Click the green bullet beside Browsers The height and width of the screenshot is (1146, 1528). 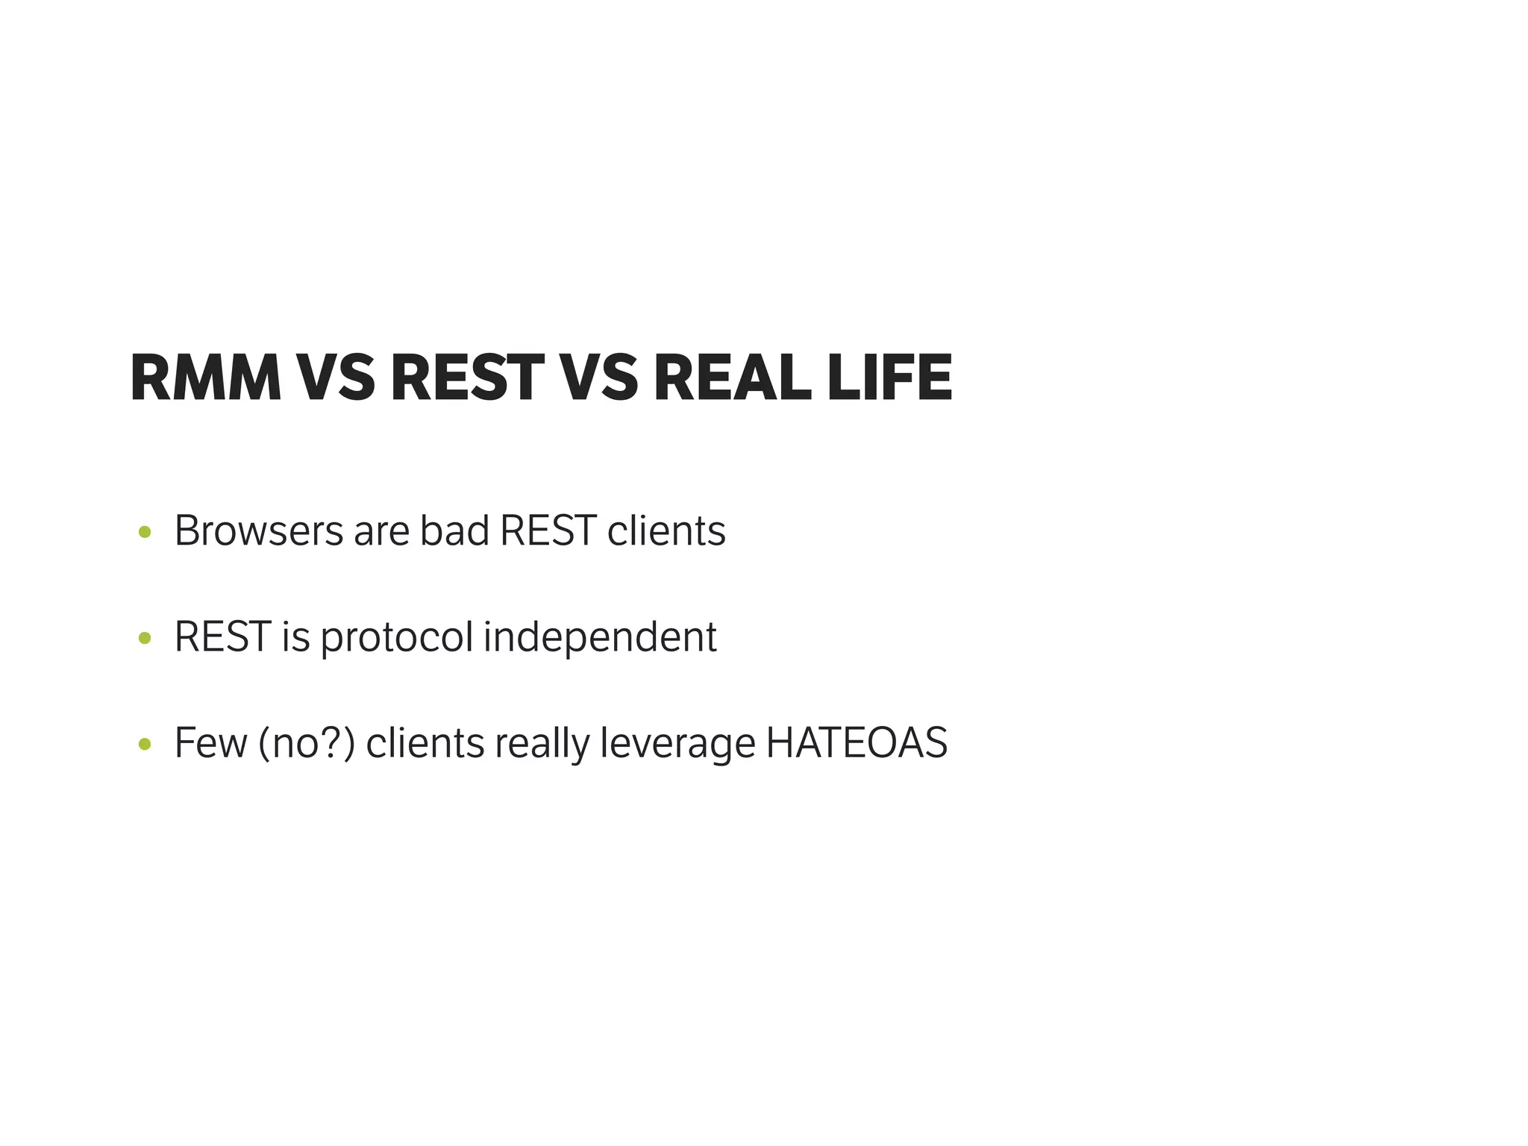tap(145, 533)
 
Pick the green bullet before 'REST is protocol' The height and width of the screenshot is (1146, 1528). tap(145, 639)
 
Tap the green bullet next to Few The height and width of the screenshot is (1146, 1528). tap(145, 745)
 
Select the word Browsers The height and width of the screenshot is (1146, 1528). tap(258, 531)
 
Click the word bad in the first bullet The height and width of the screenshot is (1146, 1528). tap(454, 531)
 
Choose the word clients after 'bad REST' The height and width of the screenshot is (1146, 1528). tap(666, 531)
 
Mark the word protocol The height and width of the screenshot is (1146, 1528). tap(397, 639)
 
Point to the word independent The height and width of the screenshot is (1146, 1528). tap(600, 637)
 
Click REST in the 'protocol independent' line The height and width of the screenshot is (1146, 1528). tap(222, 637)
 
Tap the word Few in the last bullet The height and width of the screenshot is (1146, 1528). tap(210, 743)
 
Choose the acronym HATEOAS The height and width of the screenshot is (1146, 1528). tap(857, 743)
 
